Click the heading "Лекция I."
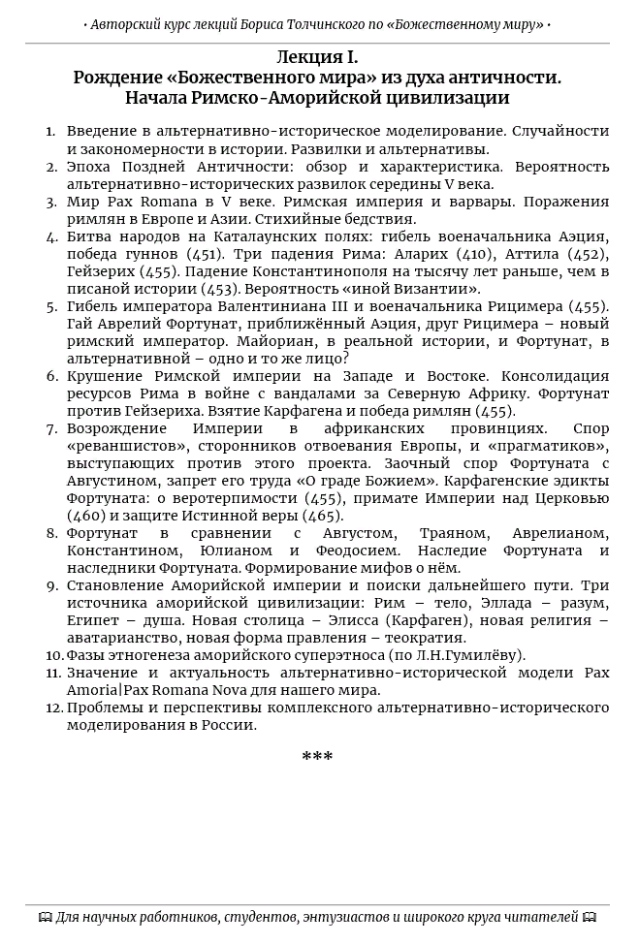click(317, 57)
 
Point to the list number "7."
click(52, 428)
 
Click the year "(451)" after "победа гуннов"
click(204, 254)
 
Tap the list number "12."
click(53, 708)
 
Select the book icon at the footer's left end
click(45, 917)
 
